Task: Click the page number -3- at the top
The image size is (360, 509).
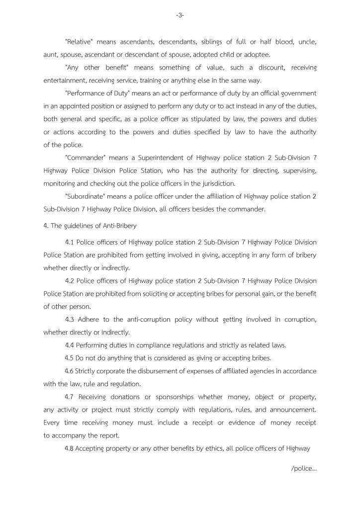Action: pyautogui.click(x=180, y=15)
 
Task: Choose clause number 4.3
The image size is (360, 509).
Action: pyautogui.click(x=70, y=320)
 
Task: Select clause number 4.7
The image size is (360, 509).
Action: pyautogui.click(x=70, y=397)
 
